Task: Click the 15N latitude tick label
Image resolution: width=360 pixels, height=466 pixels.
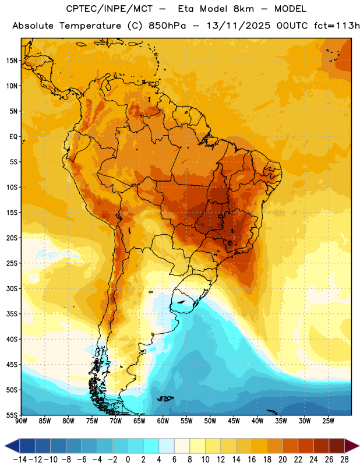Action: (x=12, y=61)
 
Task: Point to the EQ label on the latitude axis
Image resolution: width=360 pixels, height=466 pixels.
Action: (x=13, y=137)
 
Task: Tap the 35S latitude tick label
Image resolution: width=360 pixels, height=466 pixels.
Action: (x=12, y=314)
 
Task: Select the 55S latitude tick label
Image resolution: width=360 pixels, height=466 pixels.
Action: (x=12, y=415)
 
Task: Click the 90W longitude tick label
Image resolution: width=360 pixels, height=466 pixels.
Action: (x=21, y=421)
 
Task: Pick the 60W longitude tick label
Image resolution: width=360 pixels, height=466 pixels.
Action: (x=163, y=421)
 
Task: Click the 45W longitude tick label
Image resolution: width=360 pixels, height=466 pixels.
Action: (x=234, y=421)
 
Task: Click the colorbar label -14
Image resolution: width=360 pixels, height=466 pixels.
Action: (x=20, y=460)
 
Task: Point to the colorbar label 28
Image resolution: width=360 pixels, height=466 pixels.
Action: (x=344, y=460)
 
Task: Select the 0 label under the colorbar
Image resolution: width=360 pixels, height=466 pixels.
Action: (x=128, y=460)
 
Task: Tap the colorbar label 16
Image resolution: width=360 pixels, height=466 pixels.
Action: (x=252, y=460)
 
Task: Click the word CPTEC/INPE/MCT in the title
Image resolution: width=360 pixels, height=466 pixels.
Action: (x=110, y=9)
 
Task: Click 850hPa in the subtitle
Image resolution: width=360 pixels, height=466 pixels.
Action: (x=167, y=26)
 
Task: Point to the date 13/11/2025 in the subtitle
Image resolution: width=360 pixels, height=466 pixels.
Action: (x=238, y=26)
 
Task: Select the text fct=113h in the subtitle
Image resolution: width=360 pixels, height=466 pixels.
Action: (x=337, y=26)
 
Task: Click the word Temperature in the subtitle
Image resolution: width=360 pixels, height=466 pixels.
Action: (x=90, y=26)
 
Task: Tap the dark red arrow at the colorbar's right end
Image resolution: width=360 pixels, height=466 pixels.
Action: (x=352, y=446)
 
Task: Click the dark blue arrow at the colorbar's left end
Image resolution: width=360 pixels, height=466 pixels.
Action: (x=12, y=446)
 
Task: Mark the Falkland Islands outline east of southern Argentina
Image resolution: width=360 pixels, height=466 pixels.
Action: (x=165, y=398)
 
